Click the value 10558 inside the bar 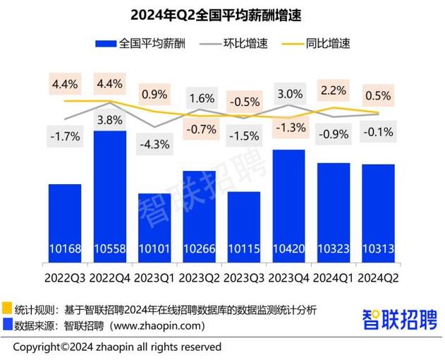click(x=110, y=248)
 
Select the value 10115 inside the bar click(x=244, y=248)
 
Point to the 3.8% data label click(x=110, y=119)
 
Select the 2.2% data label click(x=334, y=90)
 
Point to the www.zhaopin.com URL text click(x=161, y=325)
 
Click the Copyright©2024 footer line click(x=117, y=347)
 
